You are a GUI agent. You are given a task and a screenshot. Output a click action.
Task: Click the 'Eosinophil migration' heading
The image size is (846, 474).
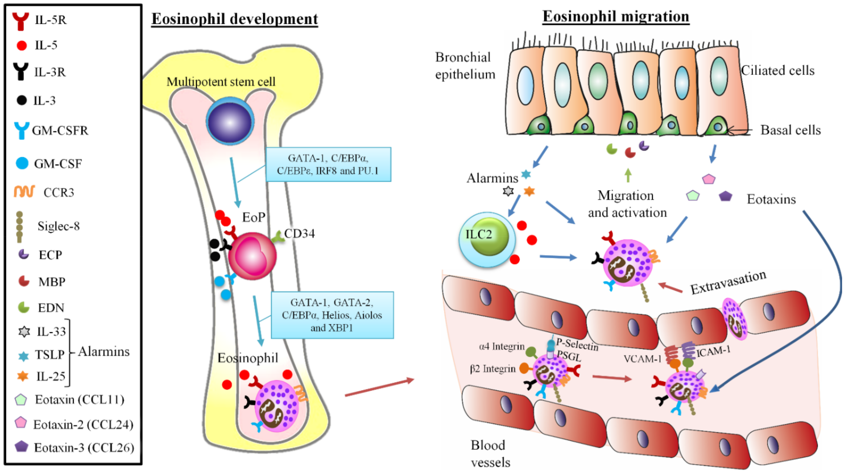coord(616,16)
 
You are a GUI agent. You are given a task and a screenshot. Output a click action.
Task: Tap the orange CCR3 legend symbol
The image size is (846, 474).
coord(24,191)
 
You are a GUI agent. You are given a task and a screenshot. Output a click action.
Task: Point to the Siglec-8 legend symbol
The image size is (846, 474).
coord(20,227)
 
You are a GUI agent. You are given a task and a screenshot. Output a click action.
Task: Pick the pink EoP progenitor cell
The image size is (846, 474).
coord(253,256)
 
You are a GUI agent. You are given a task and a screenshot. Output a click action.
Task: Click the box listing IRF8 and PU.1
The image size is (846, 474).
coord(328,164)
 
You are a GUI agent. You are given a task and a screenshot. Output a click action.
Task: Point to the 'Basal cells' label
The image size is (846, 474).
coord(790,130)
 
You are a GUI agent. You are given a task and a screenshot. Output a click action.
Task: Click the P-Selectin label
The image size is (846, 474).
coord(577,345)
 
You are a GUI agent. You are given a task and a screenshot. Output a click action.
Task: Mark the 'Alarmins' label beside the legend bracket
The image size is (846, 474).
coord(104,352)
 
